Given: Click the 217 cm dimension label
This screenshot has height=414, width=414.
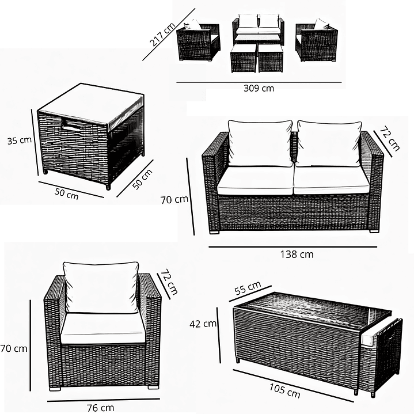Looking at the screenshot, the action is pos(162,35).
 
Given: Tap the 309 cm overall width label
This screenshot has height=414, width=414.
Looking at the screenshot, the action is pos(259,88).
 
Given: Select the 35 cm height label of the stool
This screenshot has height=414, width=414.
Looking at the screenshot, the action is pos(19,140).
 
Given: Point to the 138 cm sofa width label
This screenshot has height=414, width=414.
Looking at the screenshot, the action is pos(297,255).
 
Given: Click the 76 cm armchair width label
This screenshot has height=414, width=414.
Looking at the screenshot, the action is pos(100,408).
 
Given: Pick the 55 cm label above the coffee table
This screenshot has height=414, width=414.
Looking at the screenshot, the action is pos(248,288).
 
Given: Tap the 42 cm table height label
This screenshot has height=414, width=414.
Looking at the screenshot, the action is pos(203,324).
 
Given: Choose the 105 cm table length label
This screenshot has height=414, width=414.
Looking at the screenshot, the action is pos(284,391).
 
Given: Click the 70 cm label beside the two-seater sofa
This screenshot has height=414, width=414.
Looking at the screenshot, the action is pos(174,200).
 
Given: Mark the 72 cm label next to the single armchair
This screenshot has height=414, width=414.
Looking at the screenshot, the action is pos(169,282).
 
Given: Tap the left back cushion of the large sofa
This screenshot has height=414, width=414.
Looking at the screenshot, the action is pos(260,143).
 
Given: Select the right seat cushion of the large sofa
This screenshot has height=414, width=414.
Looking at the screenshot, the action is pos(332,180).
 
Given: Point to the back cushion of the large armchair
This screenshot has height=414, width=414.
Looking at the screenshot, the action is pos(101,287).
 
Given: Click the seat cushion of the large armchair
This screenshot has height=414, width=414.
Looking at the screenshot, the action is pos(103,329).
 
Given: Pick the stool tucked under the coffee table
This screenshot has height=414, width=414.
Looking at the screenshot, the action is pos(382,356).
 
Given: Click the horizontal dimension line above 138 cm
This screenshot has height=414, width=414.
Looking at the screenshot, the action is pos(293,247).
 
